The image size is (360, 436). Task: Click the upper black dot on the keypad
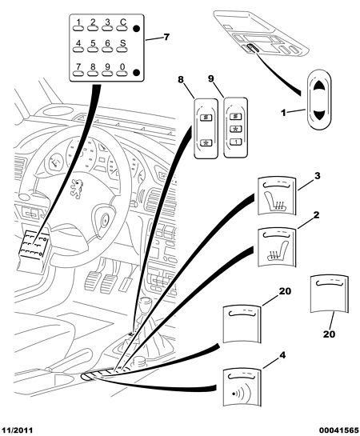(x=136, y=28)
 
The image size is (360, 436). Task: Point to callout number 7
(x=166, y=37)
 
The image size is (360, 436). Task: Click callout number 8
(x=181, y=79)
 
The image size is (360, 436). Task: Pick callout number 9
(x=211, y=78)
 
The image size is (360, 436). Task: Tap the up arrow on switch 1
(x=319, y=85)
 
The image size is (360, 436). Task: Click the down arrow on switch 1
(x=319, y=114)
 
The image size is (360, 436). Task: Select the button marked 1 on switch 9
(x=236, y=142)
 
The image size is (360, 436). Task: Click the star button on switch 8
(x=206, y=143)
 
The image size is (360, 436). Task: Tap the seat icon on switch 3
(x=275, y=201)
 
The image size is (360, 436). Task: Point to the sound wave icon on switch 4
(x=241, y=393)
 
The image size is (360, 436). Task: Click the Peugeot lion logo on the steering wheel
(x=77, y=189)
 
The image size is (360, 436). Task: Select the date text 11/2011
(x=17, y=430)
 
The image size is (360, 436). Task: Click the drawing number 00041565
(x=338, y=430)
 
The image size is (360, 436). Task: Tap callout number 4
(x=282, y=355)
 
